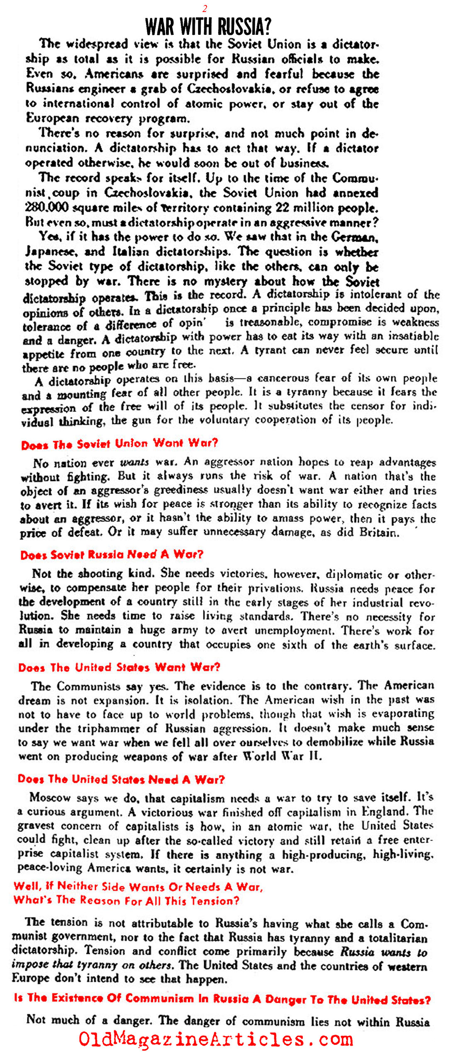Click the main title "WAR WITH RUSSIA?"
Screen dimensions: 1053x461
(x=208, y=26)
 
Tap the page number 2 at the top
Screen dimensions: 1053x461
(x=205, y=8)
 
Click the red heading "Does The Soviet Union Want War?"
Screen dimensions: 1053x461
(x=120, y=444)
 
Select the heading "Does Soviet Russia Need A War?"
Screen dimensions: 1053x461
(x=112, y=554)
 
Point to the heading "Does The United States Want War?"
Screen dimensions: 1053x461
(x=119, y=667)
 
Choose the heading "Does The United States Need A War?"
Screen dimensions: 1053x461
(x=121, y=779)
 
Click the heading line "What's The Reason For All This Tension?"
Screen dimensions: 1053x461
(x=127, y=900)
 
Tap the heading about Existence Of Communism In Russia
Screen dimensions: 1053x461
(x=222, y=999)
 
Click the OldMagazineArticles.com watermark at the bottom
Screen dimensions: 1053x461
(x=216, y=1039)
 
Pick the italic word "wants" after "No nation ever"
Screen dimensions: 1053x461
(x=134, y=462)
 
